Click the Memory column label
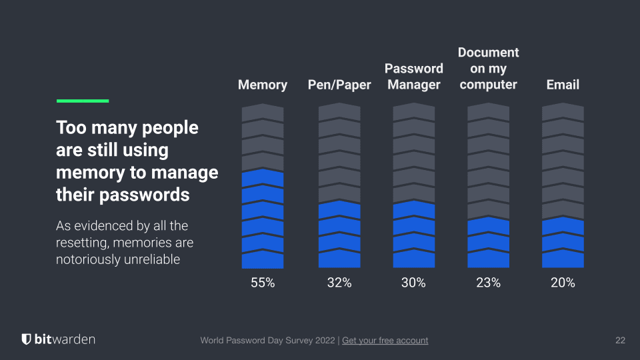(x=263, y=85)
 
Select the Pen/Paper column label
(x=339, y=85)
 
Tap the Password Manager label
(x=414, y=77)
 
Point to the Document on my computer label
(x=489, y=69)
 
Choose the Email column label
(x=563, y=85)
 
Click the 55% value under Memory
(x=263, y=283)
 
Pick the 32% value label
(x=339, y=283)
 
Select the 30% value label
(x=413, y=283)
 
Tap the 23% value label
(x=488, y=283)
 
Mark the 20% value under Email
(x=563, y=283)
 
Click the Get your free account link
(x=385, y=341)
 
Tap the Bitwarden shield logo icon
(x=26, y=339)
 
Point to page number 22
(x=620, y=341)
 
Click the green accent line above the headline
(x=83, y=101)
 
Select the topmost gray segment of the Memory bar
(x=263, y=113)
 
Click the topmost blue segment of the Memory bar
(x=263, y=179)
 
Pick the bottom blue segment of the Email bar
(x=563, y=259)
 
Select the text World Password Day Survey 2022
(x=269, y=341)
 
